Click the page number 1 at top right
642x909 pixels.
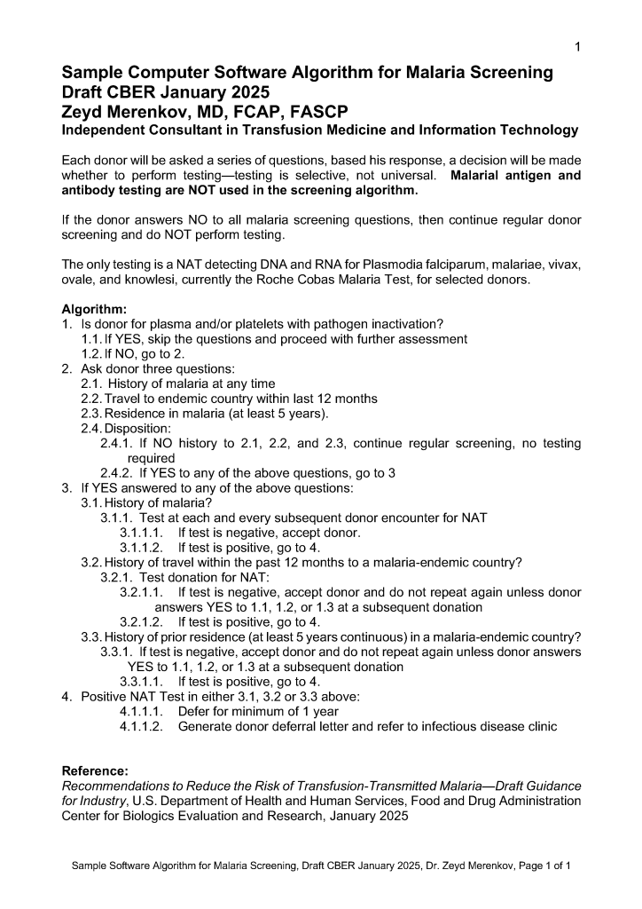click(x=578, y=46)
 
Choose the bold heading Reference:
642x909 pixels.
click(x=95, y=771)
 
